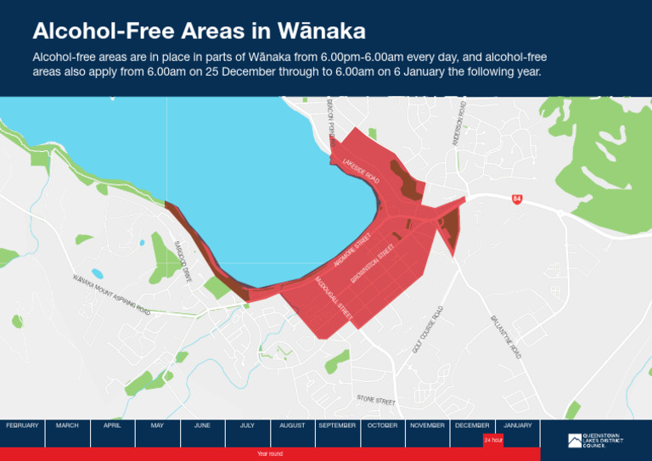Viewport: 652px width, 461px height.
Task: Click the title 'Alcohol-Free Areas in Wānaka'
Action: [199, 31]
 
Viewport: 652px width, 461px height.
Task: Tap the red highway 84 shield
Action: [516, 199]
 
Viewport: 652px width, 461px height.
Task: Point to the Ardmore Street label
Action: [353, 250]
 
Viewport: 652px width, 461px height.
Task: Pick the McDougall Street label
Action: [333, 296]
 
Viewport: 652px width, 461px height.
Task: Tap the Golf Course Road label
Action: [428, 329]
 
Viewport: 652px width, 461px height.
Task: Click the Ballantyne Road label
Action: [505, 336]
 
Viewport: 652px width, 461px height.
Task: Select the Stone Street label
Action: [376, 399]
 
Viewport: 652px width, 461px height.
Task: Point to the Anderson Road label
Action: [459, 125]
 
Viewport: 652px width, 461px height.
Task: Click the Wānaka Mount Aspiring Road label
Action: [111, 295]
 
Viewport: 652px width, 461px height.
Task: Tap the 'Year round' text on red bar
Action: [269, 454]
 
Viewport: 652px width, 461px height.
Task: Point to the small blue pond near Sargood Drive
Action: [97, 274]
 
